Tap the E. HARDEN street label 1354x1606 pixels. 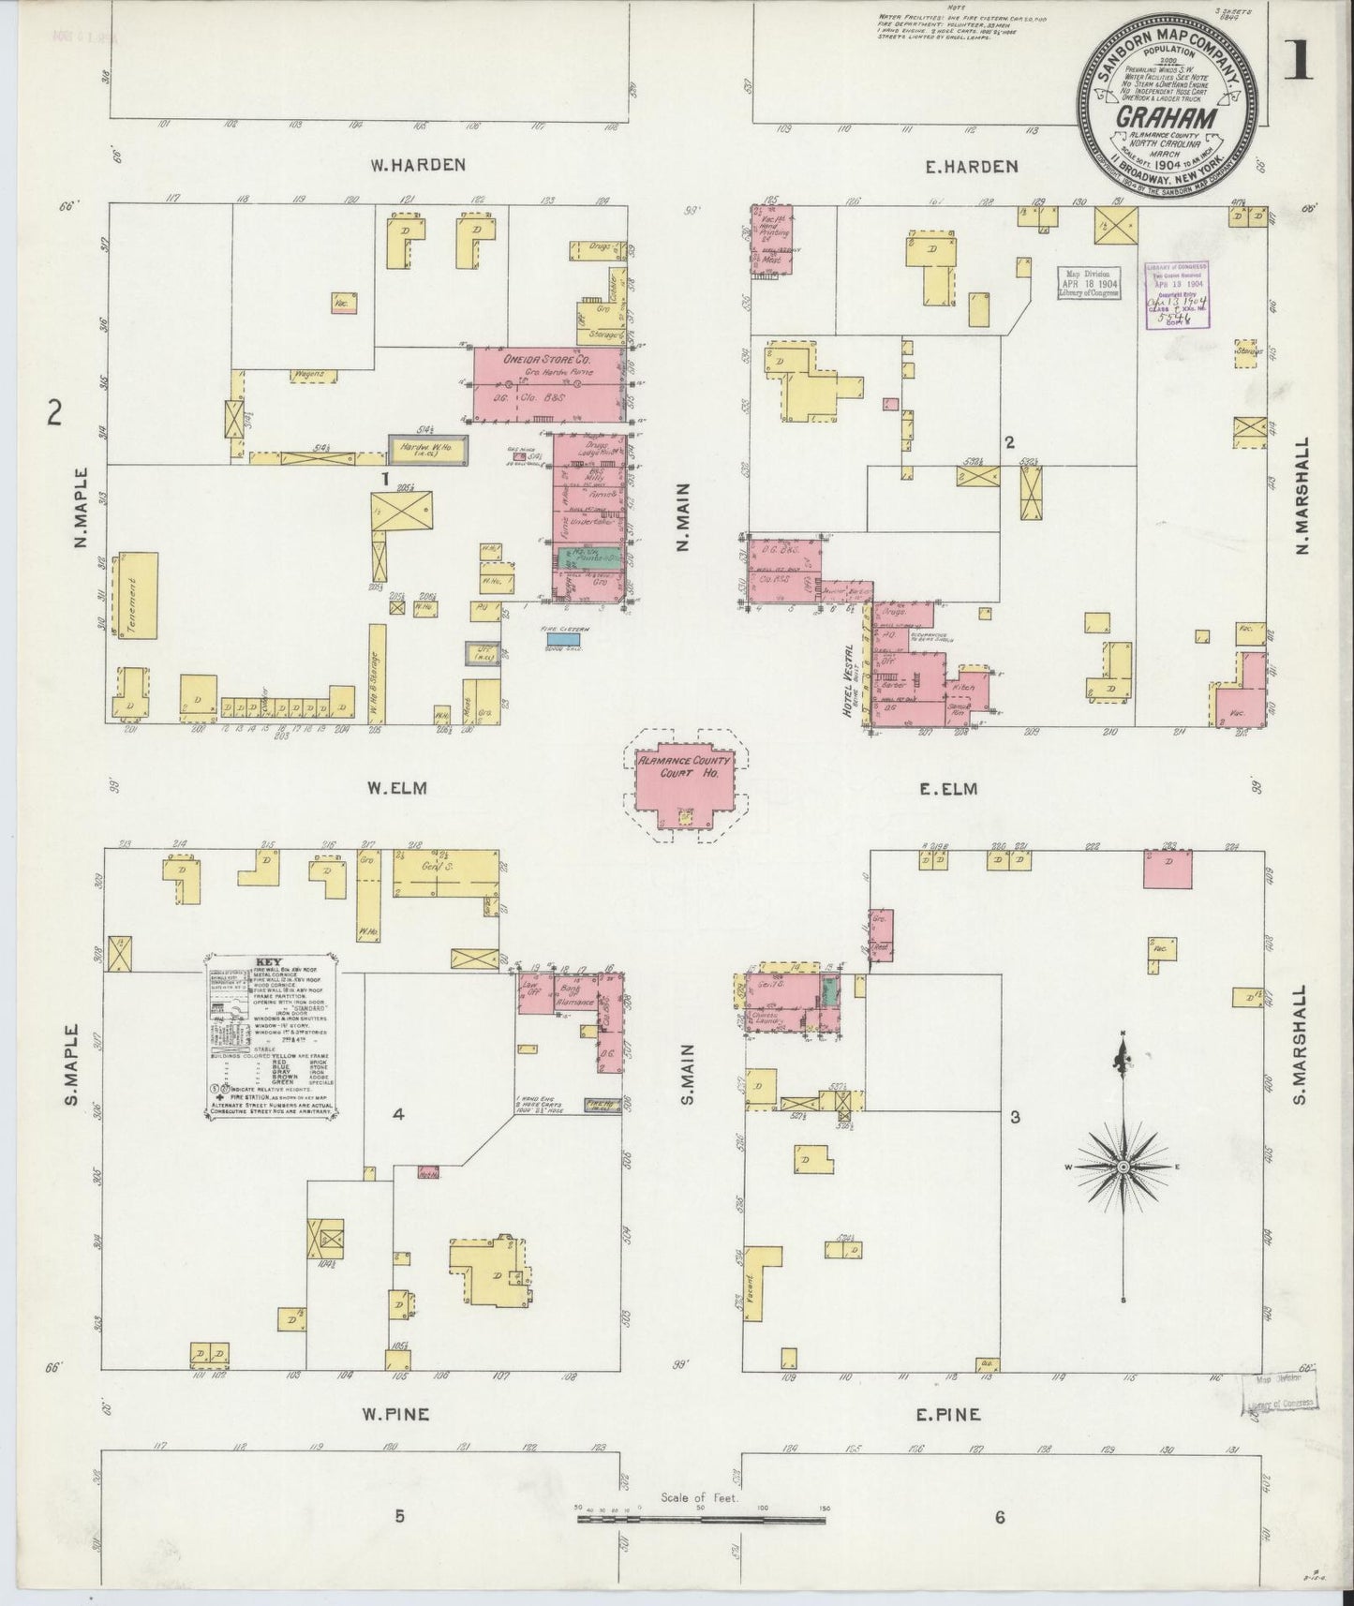[971, 167]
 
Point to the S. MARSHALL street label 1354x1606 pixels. [1302, 1048]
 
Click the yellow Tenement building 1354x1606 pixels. [134, 596]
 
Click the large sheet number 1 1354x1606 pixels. [1297, 63]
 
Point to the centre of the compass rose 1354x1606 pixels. [1123, 1167]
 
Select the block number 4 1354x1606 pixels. [398, 1115]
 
